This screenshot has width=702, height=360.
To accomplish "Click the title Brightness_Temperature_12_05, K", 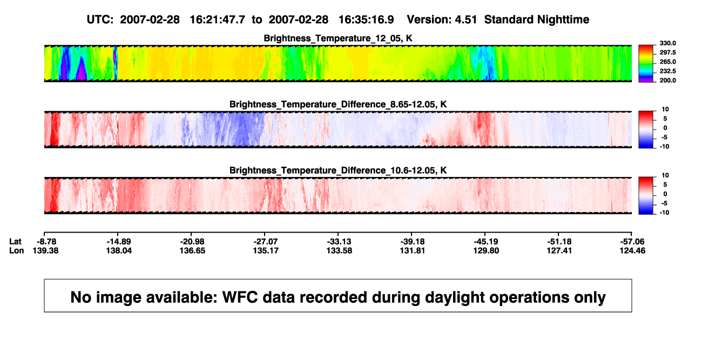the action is pos(338,38).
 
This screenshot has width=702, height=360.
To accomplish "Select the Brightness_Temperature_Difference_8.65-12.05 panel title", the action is pos(338,104).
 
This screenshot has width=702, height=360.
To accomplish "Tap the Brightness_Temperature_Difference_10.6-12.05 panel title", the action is pos(338,171).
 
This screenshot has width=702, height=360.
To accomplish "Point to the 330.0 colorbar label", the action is pos(667,43).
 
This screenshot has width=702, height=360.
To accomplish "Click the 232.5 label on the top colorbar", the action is pos(667,71).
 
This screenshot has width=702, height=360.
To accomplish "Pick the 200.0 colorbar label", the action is pos(667,80).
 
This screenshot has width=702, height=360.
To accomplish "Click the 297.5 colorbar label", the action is pos(667,53).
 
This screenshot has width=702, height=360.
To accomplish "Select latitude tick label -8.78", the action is pos(46,242).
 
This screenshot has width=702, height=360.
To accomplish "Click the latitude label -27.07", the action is pos(266,242).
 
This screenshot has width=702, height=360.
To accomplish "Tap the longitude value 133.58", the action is pos(339,250).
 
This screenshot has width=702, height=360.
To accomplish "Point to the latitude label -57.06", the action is pos(632,242).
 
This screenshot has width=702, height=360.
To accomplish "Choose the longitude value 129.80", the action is pos(486,250).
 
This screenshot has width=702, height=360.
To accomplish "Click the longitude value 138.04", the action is pos(119,250).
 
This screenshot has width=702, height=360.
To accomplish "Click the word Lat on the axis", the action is pos(15,242).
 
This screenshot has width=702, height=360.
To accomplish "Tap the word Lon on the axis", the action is pos(16,250).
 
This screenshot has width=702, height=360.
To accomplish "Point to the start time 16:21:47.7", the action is pos(218,19).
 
